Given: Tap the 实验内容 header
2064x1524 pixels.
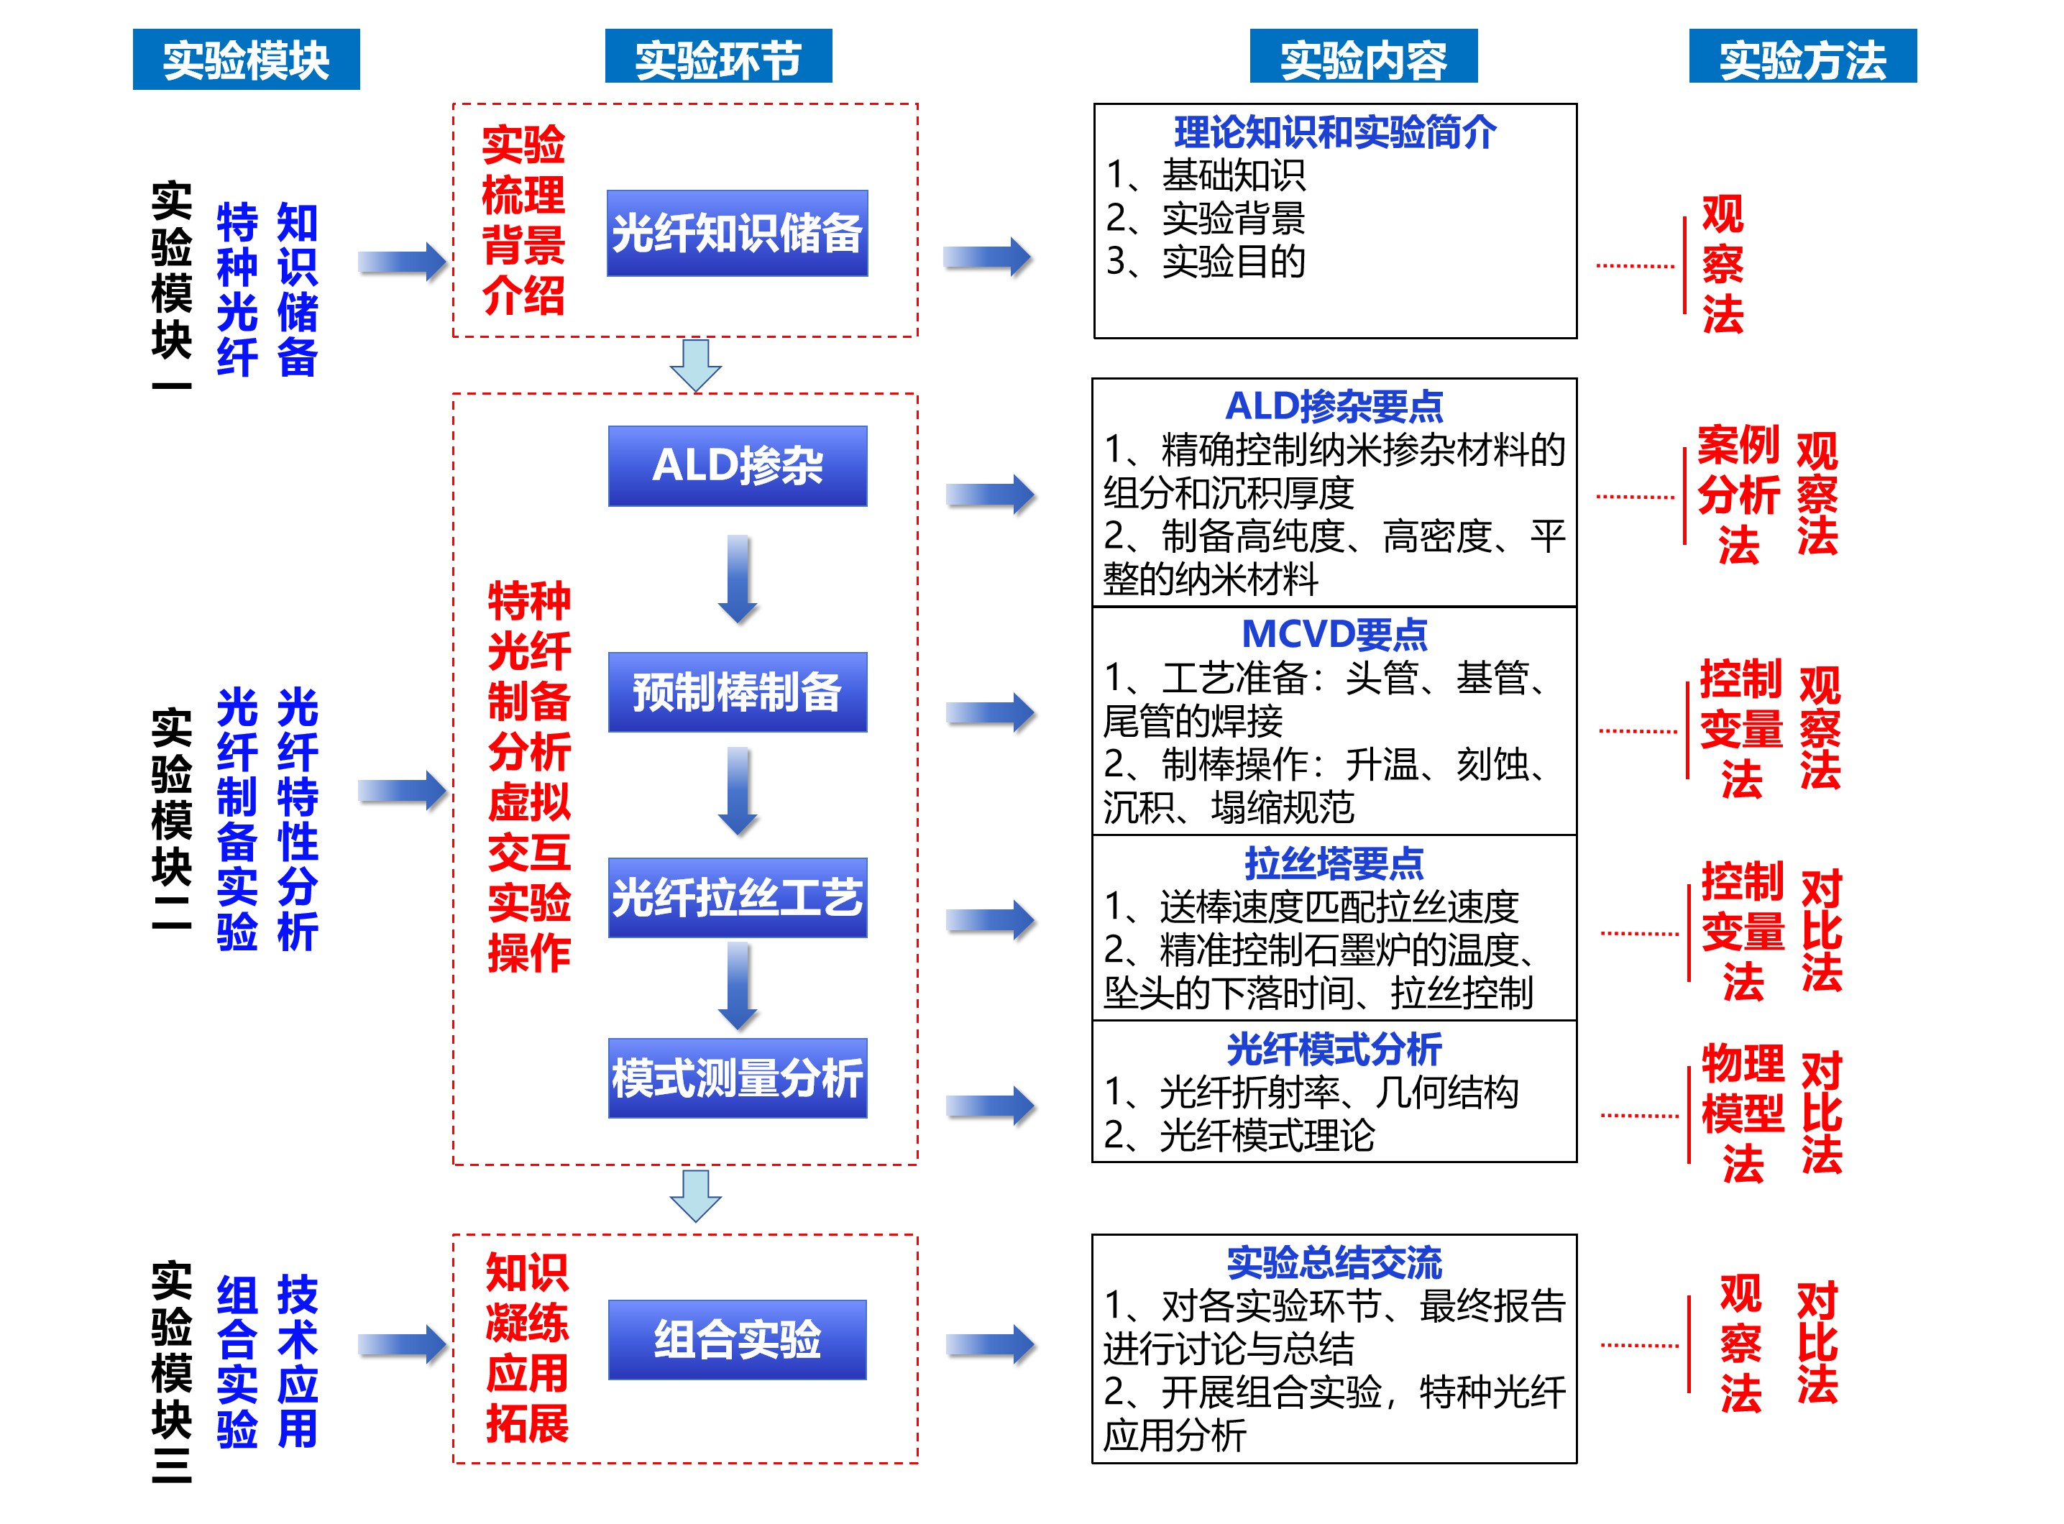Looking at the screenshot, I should tap(1363, 58).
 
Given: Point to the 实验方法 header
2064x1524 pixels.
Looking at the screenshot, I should tap(1802, 58).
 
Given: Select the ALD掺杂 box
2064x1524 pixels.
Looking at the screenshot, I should tap(736, 466).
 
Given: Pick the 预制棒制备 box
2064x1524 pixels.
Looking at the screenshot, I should tap(736, 693).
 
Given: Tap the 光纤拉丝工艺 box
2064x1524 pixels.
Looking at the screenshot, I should tap(736, 898).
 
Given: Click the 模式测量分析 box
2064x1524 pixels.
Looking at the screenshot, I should tap(736, 1078).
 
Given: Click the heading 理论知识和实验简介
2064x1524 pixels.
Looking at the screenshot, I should tap(1334, 133).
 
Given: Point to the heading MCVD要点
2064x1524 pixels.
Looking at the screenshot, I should tap(1334, 635).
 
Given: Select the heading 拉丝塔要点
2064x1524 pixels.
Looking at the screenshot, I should tap(1334, 863).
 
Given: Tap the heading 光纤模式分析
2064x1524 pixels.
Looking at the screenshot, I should tap(1334, 1049).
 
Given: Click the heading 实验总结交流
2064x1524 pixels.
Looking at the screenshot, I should tap(1334, 1262).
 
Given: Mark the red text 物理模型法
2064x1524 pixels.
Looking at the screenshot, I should tap(1742, 1114).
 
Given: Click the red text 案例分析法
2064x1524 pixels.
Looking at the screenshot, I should tap(1738, 495).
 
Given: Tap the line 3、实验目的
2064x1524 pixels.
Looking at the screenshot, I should tap(1206, 262).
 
